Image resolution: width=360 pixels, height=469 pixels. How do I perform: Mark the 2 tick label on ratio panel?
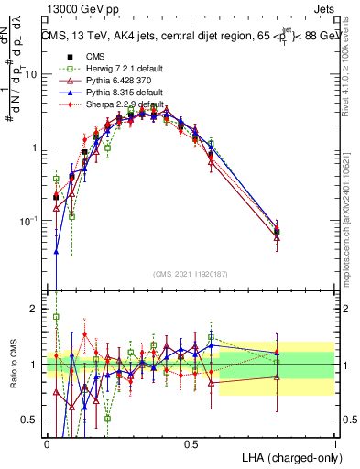pyautogui.click(x=37, y=309)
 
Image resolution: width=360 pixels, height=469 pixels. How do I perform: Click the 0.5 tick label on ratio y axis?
pyautogui.click(x=32, y=421)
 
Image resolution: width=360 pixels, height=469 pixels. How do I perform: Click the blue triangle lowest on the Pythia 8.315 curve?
pyautogui.click(x=56, y=251)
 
